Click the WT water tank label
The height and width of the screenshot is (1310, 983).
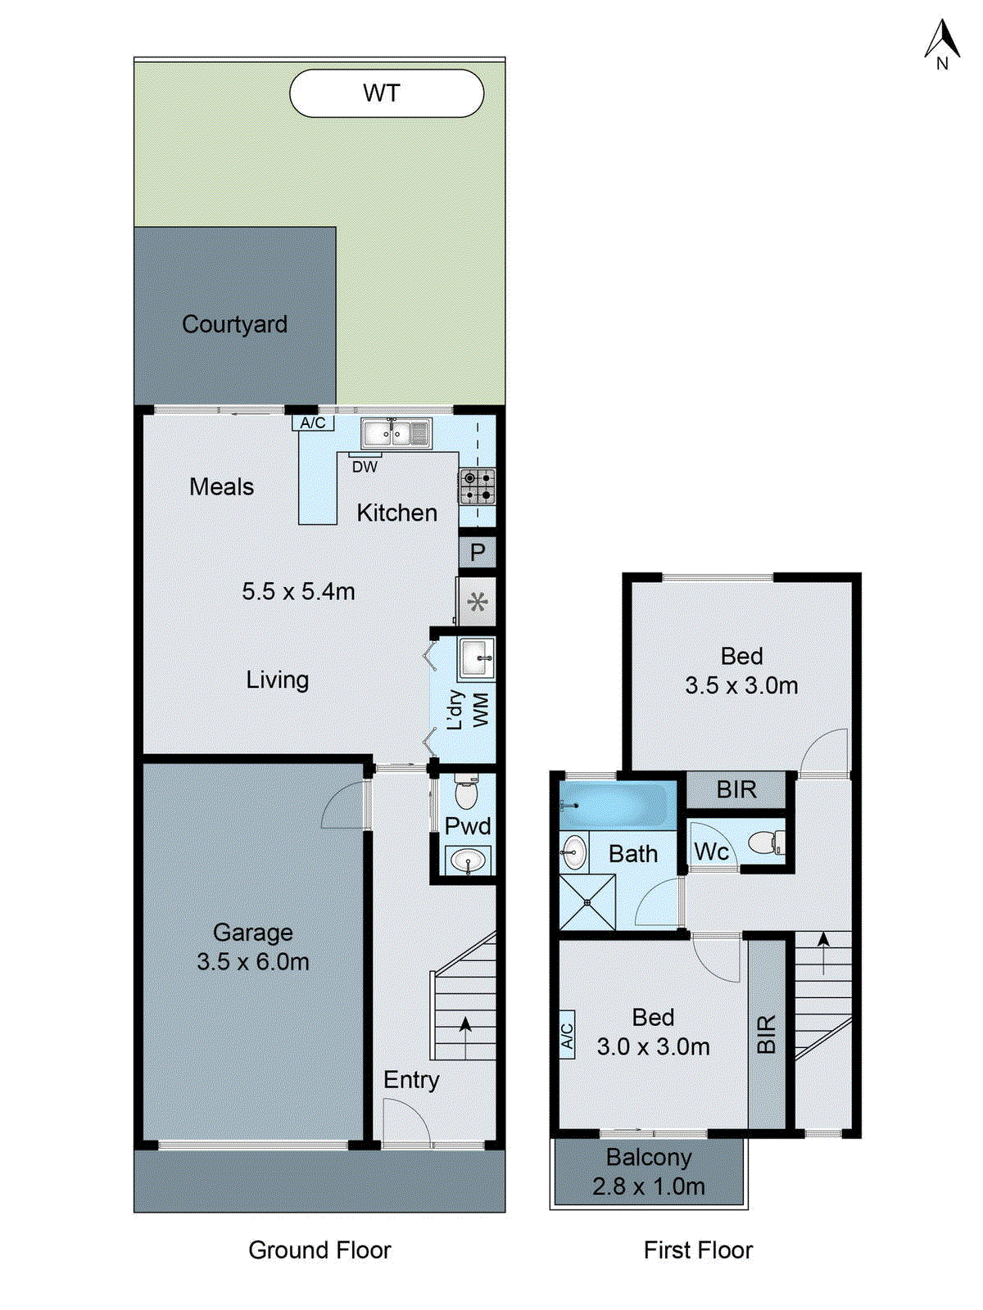click(x=382, y=93)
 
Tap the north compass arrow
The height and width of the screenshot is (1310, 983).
click(x=942, y=41)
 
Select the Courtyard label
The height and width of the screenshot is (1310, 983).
click(x=234, y=324)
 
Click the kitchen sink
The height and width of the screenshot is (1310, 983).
click(x=396, y=433)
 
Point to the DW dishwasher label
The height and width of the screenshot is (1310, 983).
click(x=365, y=467)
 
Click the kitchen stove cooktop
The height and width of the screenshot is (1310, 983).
click(x=477, y=486)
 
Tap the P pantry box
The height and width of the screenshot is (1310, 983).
click(x=478, y=553)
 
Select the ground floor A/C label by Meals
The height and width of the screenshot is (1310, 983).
click(x=313, y=423)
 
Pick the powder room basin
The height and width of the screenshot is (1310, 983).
click(x=468, y=861)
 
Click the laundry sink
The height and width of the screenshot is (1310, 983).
click(x=477, y=658)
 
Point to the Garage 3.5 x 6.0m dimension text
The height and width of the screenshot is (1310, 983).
click(x=253, y=961)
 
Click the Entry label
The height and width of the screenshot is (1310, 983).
click(x=411, y=1080)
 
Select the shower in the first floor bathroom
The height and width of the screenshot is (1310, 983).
click(x=587, y=903)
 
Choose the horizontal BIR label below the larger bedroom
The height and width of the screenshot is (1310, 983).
click(x=736, y=790)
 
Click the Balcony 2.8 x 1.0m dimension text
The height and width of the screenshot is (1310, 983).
click(x=649, y=1186)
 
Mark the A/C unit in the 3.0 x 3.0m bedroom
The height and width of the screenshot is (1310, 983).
click(x=567, y=1036)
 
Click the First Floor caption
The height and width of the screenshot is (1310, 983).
click(x=698, y=1250)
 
